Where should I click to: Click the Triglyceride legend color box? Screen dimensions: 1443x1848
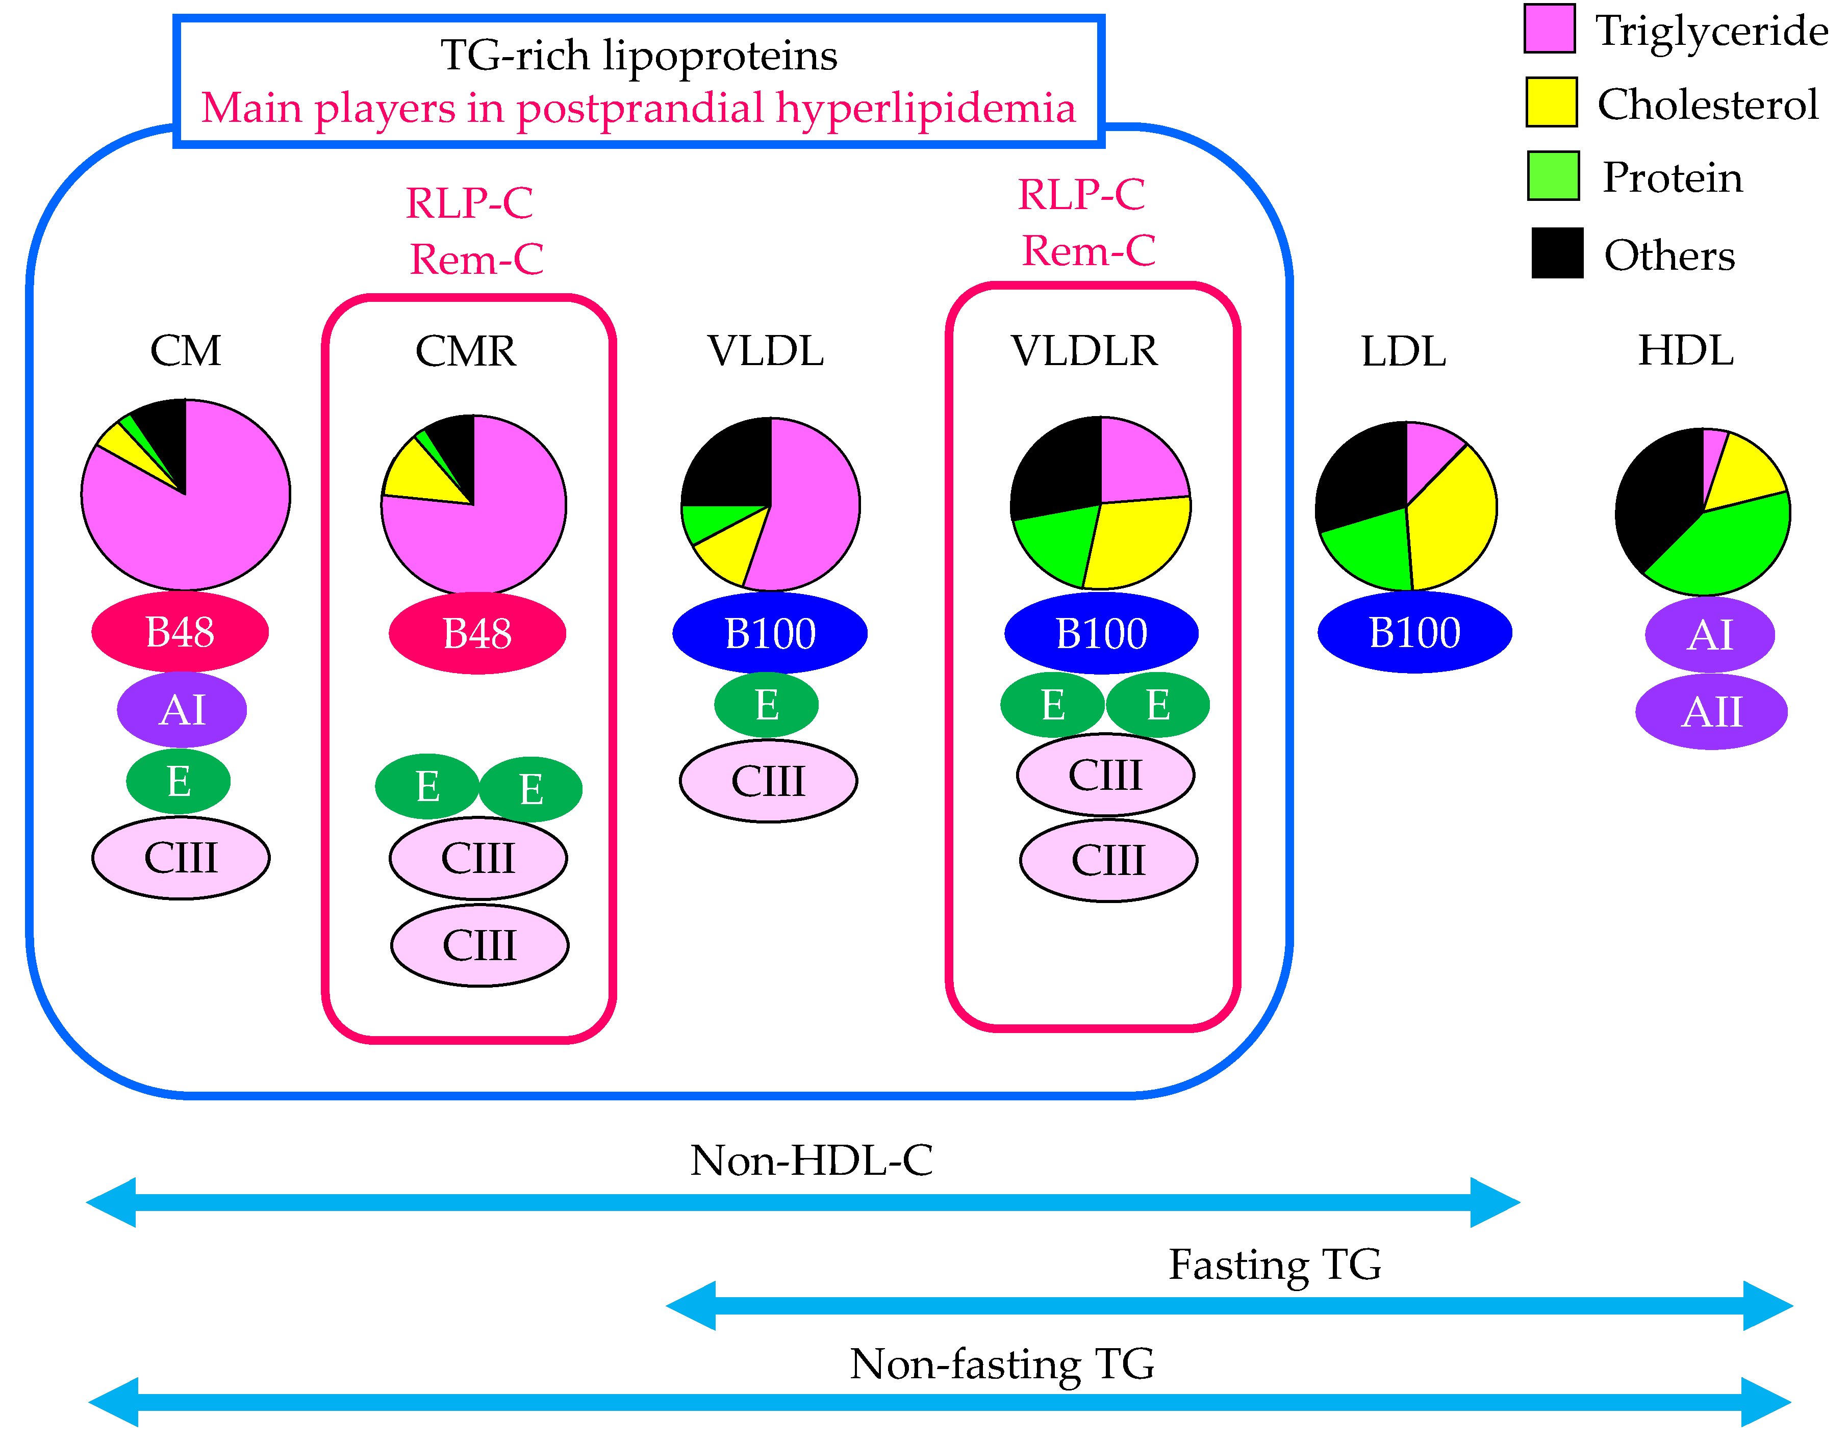coord(1549,29)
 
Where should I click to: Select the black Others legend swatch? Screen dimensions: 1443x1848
coord(1557,253)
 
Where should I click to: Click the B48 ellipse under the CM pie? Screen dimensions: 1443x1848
coord(180,632)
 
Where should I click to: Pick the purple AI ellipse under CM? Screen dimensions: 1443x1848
coord(182,709)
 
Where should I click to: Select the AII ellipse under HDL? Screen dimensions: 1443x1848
coord(1711,711)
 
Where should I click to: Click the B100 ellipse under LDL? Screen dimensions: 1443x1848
coord(1414,632)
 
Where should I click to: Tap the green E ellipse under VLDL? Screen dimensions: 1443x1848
coord(766,704)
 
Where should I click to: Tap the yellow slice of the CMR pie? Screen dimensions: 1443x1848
coord(415,474)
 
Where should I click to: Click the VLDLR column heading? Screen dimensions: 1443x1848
coord(1084,350)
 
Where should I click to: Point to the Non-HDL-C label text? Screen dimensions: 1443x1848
coord(811,1159)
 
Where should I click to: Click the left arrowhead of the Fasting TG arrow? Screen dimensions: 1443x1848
coord(690,1305)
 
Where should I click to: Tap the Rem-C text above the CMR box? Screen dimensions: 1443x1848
coord(476,259)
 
